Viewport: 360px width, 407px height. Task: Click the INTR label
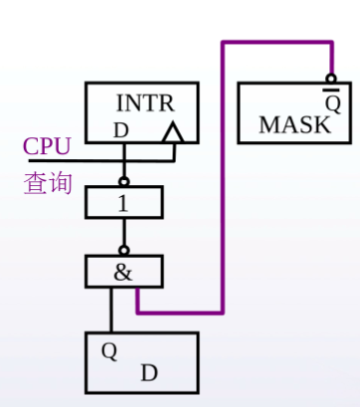[145, 103]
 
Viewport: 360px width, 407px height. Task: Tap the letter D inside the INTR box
[121, 130]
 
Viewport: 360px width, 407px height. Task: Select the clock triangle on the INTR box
[172, 132]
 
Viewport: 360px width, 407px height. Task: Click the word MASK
[294, 124]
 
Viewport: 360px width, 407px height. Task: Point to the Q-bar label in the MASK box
[332, 101]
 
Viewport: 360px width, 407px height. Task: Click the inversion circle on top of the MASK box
[331, 79]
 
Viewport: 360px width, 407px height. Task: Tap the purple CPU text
[47, 146]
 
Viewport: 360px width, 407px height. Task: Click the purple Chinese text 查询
[48, 183]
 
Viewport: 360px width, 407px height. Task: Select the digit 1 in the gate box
[123, 203]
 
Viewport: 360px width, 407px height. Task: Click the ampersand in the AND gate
[123, 273]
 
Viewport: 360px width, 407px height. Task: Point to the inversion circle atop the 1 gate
[123, 182]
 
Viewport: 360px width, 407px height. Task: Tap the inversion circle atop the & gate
[123, 251]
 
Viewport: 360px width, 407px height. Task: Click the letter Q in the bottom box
[109, 351]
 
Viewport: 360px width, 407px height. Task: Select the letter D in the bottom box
[149, 372]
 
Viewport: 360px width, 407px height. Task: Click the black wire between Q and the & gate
[111, 309]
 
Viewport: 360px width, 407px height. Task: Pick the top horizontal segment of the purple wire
[276, 42]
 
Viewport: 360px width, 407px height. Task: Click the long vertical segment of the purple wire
[223, 177]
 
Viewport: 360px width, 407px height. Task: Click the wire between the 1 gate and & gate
[124, 233]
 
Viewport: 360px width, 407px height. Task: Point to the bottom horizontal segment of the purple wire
[180, 312]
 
